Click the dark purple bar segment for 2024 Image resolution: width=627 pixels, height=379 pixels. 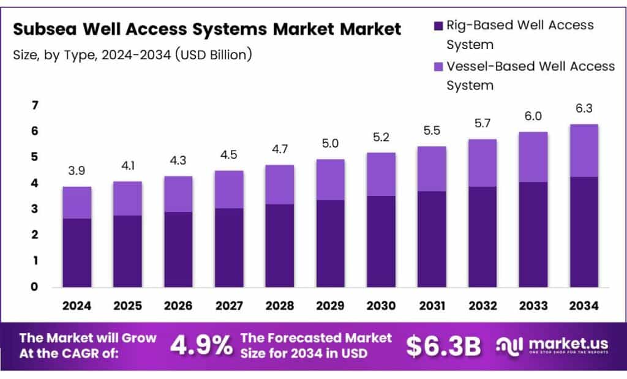(x=77, y=252)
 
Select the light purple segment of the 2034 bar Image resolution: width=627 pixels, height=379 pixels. (x=583, y=150)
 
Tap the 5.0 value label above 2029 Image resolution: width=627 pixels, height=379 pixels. (x=330, y=144)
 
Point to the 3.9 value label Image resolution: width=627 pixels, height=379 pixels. (x=77, y=171)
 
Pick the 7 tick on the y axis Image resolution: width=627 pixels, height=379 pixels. (x=35, y=106)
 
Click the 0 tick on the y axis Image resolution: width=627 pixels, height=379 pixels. (x=35, y=287)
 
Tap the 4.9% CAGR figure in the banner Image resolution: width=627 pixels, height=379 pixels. (x=201, y=346)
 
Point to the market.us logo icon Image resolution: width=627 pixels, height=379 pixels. (x=509, y=345)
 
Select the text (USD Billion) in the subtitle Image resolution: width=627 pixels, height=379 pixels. (x=213, y=54)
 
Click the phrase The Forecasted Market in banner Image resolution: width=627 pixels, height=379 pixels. (x=316, y=338)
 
